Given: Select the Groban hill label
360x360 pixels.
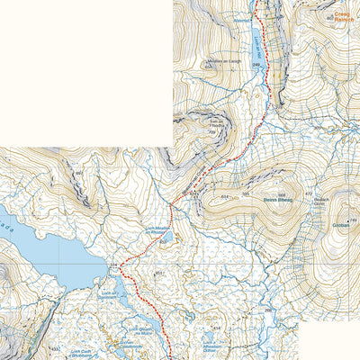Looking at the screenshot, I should (x=339, y=226).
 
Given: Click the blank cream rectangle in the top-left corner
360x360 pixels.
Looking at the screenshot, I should (x=85, y=72).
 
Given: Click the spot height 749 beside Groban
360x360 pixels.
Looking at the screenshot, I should (x=354, y=220).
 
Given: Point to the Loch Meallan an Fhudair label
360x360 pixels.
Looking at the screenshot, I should (x=157, y=232).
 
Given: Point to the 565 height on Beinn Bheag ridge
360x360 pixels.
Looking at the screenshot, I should (x=245, y=193).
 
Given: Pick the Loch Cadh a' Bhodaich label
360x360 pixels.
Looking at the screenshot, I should (x=82, y=353).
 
